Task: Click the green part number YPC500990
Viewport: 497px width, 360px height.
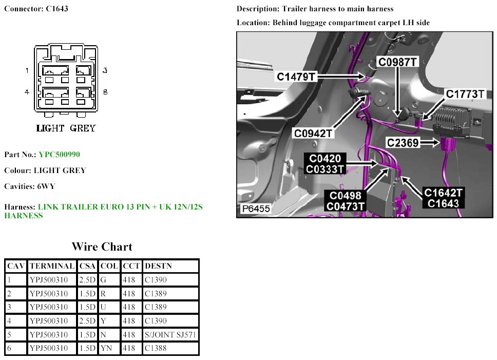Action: [x=59, y=155]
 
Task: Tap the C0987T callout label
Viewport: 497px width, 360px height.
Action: [x=398, y=62]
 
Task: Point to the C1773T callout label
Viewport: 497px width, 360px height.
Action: [x=465, y=94]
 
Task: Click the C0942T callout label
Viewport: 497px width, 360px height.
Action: [x=313, y=134]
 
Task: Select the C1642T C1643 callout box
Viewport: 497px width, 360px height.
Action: [x=444, y=198]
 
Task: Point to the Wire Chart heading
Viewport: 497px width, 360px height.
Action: [x=102, y=247]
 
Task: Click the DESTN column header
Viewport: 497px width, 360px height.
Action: [x=159, y=266]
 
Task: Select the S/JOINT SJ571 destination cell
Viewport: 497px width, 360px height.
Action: [x=170, y=335]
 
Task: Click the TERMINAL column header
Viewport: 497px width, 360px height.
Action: [x=52, y=266]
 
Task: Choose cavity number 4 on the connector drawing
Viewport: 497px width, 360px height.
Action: [x=27, y=92]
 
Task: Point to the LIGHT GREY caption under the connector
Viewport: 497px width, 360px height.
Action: [x=66, y=128]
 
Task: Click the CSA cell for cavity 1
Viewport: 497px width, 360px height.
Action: [x=87, y=280]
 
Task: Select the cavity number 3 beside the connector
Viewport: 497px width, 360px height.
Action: [x=105, y=70]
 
